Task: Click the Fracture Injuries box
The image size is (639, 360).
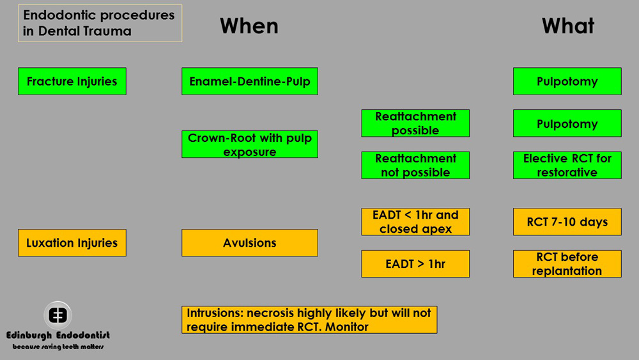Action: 72,81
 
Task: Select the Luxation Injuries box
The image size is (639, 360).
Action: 72,243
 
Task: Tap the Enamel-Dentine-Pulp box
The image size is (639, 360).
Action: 249,81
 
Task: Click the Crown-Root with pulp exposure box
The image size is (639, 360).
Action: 249,145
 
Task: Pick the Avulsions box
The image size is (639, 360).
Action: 249,243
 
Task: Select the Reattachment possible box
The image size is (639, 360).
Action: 415,123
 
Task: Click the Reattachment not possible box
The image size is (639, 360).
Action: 415,166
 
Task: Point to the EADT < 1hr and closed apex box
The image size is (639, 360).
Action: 415,222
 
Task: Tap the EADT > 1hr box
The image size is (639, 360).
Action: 415,263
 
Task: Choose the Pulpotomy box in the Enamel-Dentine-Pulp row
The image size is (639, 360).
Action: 567,81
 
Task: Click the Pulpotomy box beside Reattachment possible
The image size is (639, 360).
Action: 567,123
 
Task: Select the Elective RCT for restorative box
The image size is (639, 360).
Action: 567,166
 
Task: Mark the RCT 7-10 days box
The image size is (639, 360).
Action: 567,222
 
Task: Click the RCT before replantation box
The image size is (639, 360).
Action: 567,263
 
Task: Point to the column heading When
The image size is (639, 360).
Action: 249,26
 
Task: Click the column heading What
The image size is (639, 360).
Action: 567,26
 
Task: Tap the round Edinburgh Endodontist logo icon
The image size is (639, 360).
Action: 58,315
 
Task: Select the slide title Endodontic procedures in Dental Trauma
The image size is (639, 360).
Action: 99,23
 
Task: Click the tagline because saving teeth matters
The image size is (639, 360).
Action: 58,347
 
